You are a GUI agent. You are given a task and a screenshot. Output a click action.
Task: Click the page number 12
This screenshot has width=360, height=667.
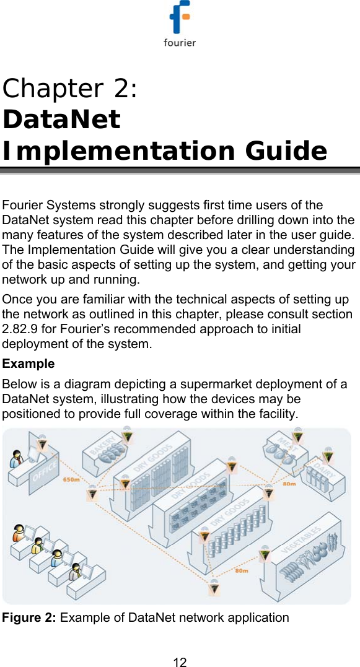(x=180, y=662)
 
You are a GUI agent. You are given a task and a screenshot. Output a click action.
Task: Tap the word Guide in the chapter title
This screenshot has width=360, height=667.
(x=286, y=150)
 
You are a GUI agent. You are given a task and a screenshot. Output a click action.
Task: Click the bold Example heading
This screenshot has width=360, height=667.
(x=29, y=364)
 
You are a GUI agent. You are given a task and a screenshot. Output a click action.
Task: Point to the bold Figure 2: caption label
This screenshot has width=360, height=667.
(x=30, y=617)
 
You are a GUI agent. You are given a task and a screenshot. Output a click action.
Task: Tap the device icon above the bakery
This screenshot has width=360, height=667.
(x=126, y=437)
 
